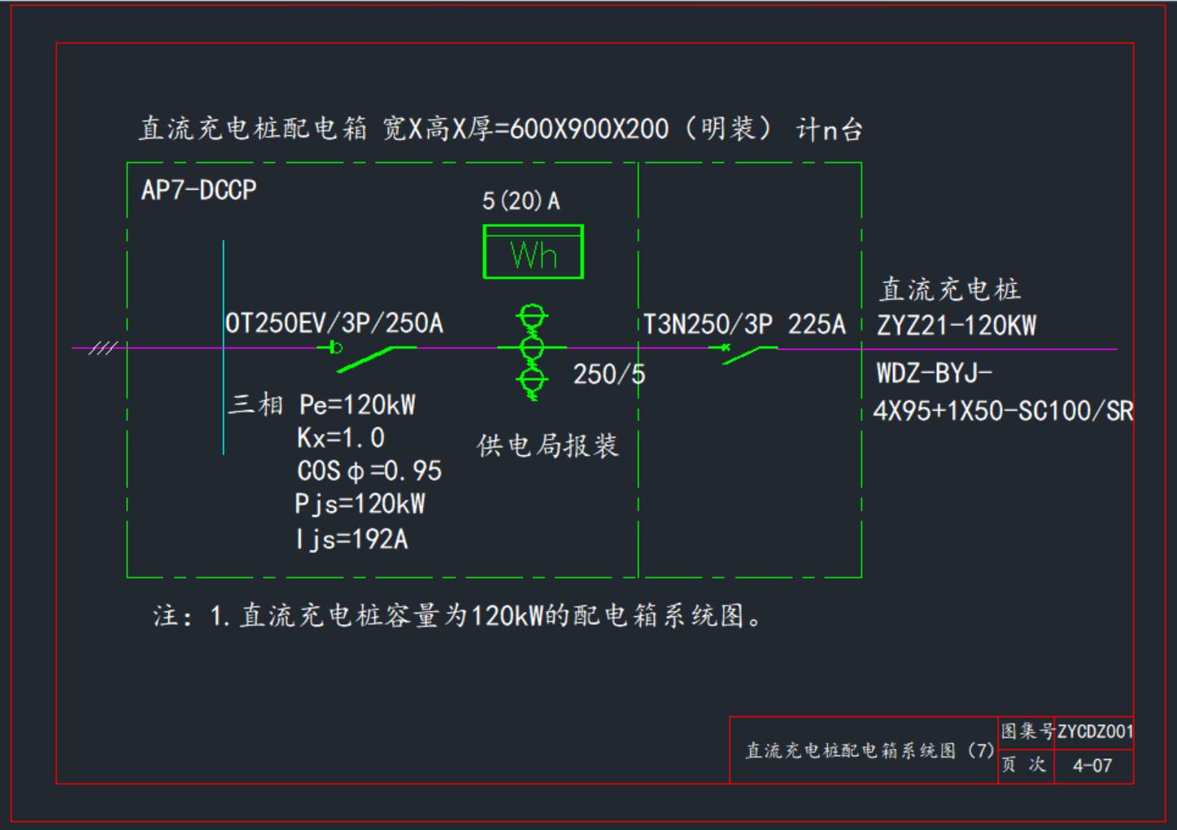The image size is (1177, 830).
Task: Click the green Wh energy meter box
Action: click(533, 252)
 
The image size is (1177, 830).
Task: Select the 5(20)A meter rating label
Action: click(521, 201)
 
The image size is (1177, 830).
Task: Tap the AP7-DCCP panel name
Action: click(198, 190)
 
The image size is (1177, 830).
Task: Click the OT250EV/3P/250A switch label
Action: click(334, 323)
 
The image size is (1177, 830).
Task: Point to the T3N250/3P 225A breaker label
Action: click(744, 325)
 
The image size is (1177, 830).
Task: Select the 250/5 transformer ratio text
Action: click(608, 374)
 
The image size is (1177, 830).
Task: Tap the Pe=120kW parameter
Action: click(357, 404)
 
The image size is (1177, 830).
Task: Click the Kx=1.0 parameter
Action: click(340, 438)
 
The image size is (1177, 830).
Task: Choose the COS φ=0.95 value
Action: click(368, 470)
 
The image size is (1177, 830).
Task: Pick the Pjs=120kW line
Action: click(360, 504)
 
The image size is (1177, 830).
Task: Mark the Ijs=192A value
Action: click(351, 539)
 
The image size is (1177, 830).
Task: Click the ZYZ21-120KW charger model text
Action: click(956, 325)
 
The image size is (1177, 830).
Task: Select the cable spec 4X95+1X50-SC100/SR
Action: click(1002, 411)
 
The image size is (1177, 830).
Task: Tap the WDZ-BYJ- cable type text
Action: click(934, 373)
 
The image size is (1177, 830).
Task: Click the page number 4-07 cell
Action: click(1092, 766)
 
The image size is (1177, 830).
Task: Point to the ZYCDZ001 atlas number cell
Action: click(1094, 731)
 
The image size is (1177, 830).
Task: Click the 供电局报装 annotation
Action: click(547, 446)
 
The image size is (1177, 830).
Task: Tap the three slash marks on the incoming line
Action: click(102, 348)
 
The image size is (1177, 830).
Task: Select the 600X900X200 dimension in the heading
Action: click(589, 129)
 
